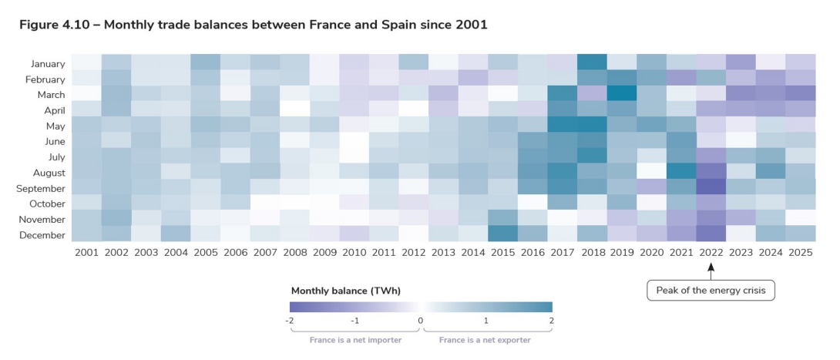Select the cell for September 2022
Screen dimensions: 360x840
[x=712, y=187]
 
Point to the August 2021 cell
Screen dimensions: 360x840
[x=682, y=172]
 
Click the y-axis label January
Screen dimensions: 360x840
[x=48, y=64]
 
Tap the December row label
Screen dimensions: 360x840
[x=44, y=234]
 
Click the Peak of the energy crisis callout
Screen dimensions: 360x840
[x=711, y=291]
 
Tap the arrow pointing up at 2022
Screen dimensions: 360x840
[x=711, y=268]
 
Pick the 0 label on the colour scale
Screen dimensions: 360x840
[x=420, y=319]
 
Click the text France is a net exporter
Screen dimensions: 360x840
[x=485, y=339]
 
